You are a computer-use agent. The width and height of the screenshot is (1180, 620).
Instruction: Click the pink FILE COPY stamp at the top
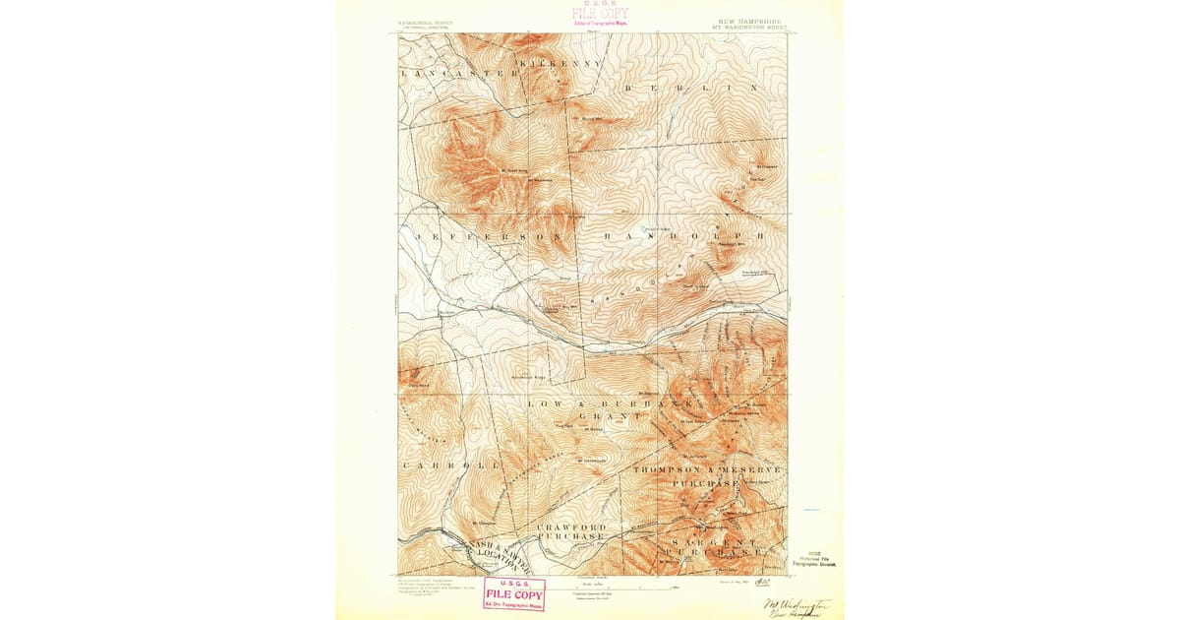600,14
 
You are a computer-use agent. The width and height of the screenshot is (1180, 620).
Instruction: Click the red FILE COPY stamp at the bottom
513,595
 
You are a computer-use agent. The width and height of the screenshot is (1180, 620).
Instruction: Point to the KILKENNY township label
560,63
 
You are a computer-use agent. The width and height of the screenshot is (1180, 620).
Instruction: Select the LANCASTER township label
459,74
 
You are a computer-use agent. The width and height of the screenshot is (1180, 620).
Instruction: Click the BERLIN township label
692,88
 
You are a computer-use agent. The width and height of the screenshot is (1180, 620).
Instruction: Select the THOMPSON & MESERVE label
708,470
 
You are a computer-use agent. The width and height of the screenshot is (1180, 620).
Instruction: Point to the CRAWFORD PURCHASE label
571,532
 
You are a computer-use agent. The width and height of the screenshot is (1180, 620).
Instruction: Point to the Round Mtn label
591,119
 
